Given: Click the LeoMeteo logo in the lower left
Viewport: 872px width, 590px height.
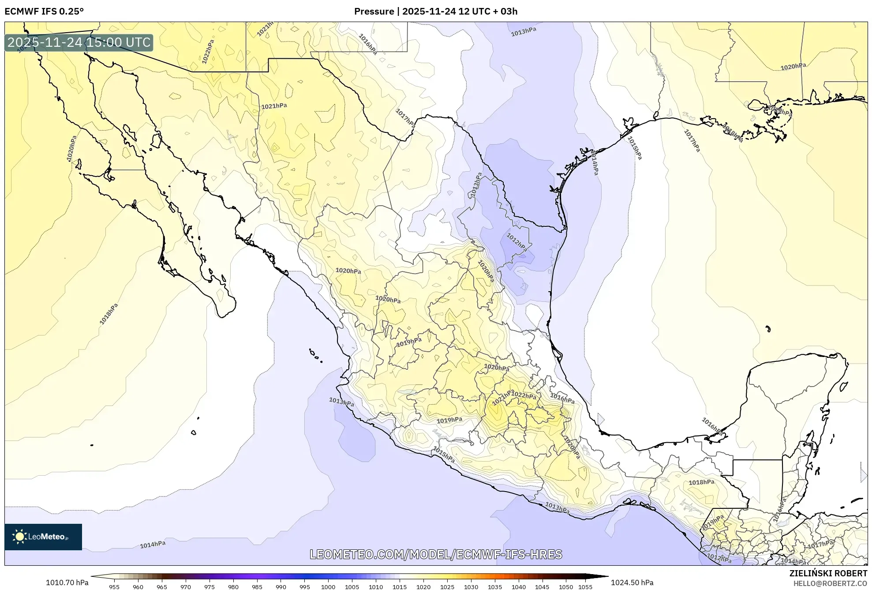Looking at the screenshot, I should [43, 537].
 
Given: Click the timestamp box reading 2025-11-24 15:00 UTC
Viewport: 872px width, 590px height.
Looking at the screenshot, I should [79, 43].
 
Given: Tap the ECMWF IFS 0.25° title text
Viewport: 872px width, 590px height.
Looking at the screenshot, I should [44, 11].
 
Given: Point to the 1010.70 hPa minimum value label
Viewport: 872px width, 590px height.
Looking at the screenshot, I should [67, 582].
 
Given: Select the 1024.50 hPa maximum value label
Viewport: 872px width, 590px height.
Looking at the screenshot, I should [632, 582].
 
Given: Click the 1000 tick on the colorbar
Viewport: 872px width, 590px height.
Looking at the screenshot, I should [328, 587].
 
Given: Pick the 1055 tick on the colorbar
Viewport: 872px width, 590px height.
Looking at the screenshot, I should [585, 587].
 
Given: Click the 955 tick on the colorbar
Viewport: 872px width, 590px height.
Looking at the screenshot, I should [114, 587].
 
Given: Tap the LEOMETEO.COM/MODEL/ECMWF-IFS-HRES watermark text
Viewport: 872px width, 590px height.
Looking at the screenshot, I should [436, 554].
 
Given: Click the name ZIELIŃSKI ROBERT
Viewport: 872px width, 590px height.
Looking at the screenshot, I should [828, 573].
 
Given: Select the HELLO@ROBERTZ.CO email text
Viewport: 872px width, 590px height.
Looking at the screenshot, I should [830, 583].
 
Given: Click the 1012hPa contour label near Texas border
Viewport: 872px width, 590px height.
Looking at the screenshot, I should [516, 241].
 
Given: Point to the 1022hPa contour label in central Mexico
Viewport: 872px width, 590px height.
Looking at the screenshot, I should [524, 395].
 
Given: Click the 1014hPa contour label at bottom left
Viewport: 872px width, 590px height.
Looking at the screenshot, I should [153, 545].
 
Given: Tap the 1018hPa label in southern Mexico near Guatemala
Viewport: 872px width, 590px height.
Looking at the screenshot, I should [701, 482].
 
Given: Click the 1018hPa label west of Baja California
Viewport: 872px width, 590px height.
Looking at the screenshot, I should [109, 314].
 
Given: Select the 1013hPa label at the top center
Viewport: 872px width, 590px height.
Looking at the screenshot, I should [524, 32].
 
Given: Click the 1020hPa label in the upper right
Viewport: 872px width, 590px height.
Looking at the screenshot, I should [793, 67].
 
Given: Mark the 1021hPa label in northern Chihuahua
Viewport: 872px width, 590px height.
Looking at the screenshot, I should [274, 106].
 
